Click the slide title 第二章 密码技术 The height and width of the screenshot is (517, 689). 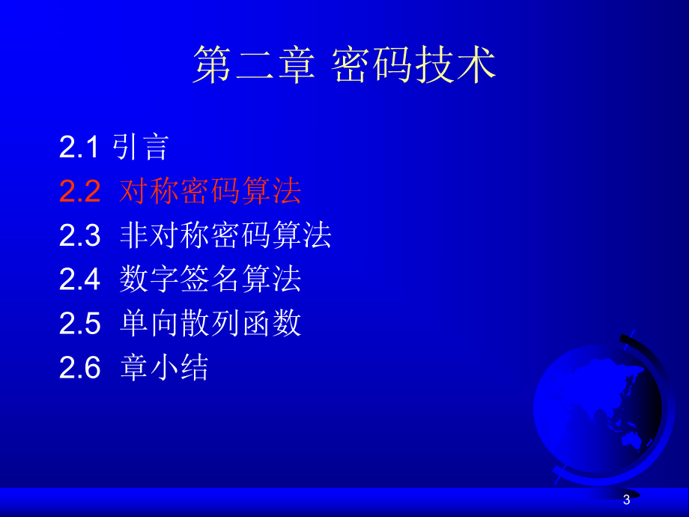pos(344,65)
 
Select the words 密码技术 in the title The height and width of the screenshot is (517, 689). pos(413,65)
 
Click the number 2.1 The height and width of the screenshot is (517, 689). pos(79,148)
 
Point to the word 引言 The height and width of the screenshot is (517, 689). pos(141,148)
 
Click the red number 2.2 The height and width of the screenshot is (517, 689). pos(79,192)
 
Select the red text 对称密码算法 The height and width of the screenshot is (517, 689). pos(210,192)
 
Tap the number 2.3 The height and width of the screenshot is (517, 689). pos(79,236)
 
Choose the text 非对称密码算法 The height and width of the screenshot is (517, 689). pos(225,236)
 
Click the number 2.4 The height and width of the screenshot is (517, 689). pos(79,280)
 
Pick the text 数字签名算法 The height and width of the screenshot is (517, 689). pos(210,280)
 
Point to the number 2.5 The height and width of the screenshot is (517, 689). pos(79,324)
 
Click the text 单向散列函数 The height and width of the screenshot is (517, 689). pos(210,324)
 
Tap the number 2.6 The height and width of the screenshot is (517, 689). pos(79,368)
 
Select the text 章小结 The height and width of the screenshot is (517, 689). pos(164,368)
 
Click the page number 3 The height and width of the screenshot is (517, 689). pos(627,501)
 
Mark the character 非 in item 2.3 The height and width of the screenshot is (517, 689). pos(134,236)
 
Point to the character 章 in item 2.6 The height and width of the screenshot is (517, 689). pos(134,368)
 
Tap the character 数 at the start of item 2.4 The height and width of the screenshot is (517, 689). pos(134,280)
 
